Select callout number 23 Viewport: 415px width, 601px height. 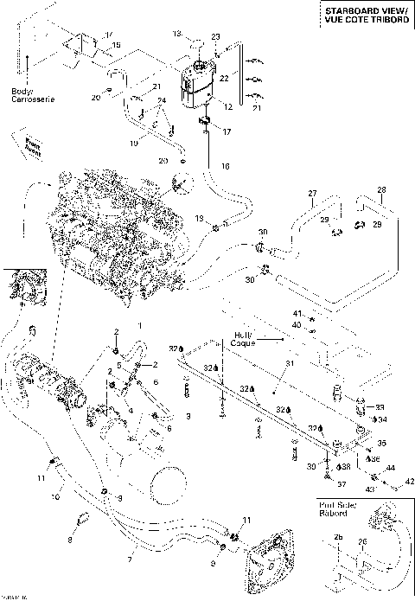pos(215,36)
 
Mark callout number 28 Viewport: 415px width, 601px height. pos(380,189)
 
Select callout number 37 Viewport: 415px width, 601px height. pos(341,484)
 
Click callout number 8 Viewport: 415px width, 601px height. pos(71,540)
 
